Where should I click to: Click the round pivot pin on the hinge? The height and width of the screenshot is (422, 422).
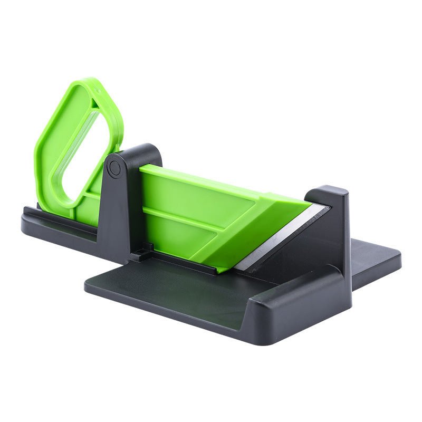pyautogui.click(x=114, y=168)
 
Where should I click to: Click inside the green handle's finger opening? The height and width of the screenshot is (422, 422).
pyautogui.click(x=79, y=153)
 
